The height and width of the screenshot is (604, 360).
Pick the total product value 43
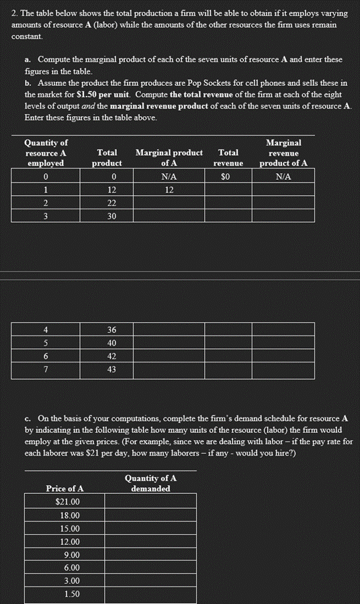[111, 370]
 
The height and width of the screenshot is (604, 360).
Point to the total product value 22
[111, 203]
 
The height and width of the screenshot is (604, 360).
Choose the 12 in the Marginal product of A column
[169, 190]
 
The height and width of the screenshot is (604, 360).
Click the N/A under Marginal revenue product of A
[283, 177]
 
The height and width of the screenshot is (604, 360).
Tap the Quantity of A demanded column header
[150, 483]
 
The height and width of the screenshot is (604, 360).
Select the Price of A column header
[64, 489]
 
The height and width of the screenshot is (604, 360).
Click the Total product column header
[107, 158]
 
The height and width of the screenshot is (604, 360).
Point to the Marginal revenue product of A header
[283, 153]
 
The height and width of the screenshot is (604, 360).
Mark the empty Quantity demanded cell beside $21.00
[150, 502]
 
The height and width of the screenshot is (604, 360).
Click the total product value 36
[111, 330]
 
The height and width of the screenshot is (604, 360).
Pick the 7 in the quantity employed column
[46, 370]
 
